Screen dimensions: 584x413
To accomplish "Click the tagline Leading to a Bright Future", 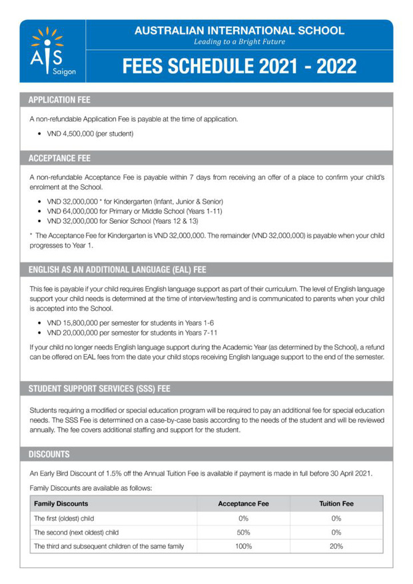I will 239,42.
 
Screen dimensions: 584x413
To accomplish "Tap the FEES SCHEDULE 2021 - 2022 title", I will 239,67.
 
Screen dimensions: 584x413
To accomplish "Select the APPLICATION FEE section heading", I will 60,100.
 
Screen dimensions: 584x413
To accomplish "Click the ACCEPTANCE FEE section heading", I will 59,158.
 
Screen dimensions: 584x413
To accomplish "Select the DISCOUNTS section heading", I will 49,454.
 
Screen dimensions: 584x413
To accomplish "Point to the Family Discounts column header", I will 61,503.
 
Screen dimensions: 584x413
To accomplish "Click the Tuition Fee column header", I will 336,503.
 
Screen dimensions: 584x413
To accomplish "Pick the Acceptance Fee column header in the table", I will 243,503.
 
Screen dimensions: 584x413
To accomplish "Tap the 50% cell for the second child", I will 243,532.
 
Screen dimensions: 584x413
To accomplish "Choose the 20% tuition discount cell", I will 336,546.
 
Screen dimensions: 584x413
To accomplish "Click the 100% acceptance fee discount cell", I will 243,546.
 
